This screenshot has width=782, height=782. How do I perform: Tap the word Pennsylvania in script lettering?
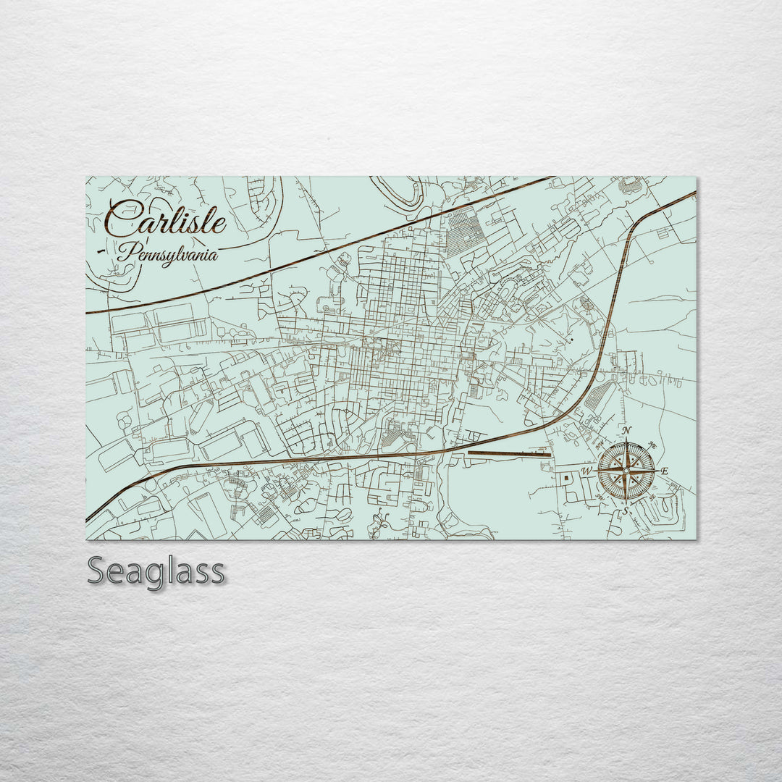(167, 253)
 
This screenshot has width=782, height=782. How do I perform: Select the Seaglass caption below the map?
(156, 572)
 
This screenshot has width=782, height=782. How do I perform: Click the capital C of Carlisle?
(122, 216)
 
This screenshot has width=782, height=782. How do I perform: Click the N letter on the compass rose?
(627, 432)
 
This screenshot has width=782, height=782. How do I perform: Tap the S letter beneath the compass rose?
(626, 511)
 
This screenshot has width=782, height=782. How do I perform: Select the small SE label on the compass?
(652, 497)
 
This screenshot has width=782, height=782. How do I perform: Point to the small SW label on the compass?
(602, 498)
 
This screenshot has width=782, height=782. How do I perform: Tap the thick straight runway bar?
(510, 454)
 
